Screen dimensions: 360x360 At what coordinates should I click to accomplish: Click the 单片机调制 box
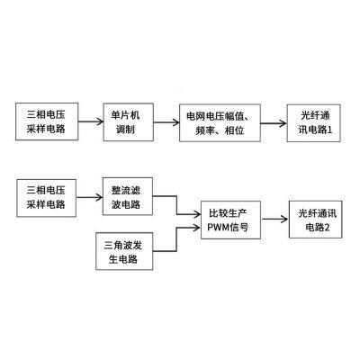125,120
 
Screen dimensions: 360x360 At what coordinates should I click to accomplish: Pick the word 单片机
125,112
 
